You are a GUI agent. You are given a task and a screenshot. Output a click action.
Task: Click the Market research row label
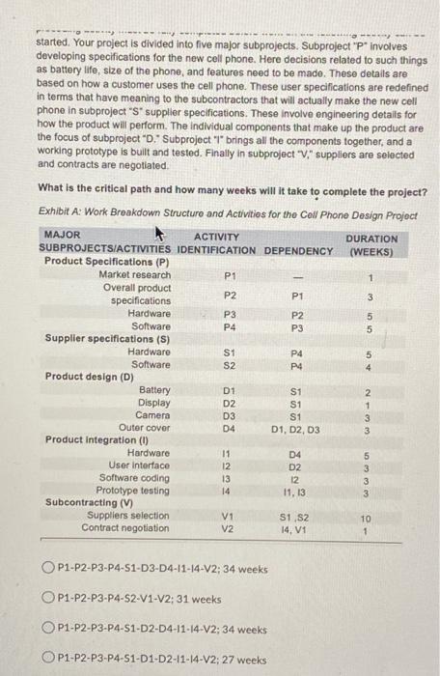pos(135,275)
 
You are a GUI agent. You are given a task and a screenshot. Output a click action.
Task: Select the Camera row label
pos(152,414)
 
